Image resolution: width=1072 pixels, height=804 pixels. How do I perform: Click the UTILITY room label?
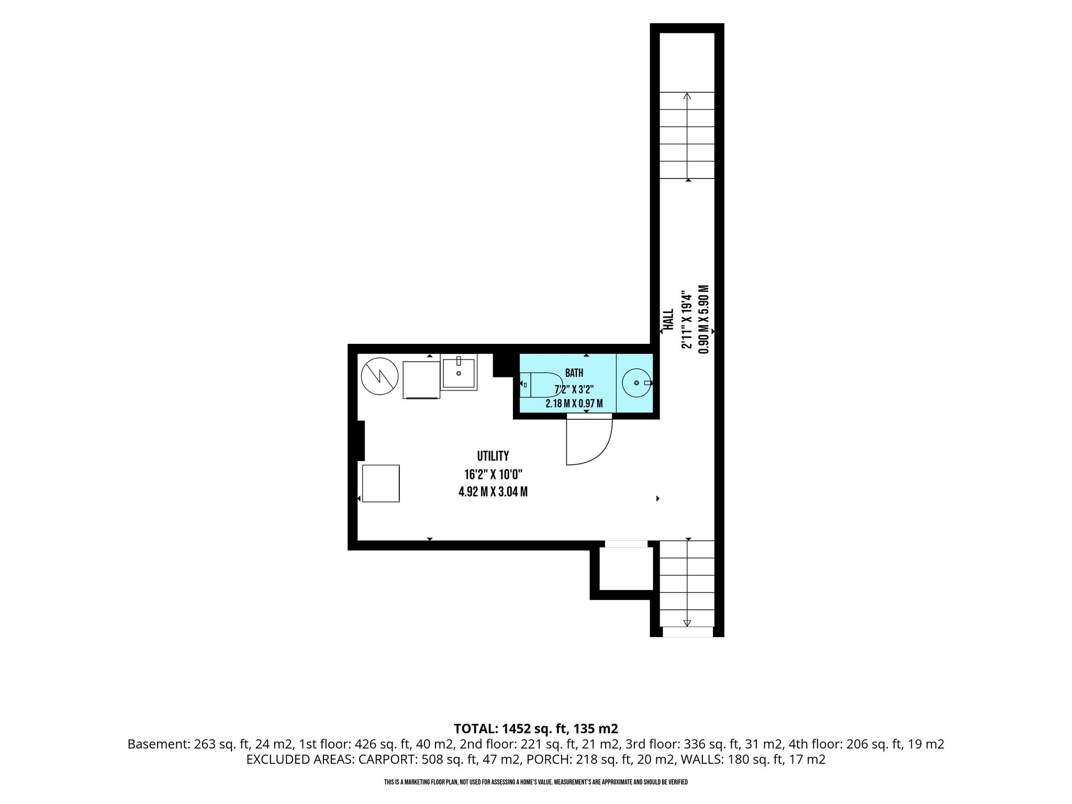493,456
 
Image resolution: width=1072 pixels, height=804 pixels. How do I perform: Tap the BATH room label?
574,373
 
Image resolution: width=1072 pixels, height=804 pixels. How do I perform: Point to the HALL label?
669,319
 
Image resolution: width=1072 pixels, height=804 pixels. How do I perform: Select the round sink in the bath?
636,383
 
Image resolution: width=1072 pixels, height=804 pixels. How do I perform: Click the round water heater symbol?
380,376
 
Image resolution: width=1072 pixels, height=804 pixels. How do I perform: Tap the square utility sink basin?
459,372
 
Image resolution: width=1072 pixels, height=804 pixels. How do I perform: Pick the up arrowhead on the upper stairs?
687,96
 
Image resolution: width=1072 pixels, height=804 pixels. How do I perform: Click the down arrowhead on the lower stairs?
687,623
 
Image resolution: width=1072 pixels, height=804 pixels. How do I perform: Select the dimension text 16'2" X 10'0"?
494,475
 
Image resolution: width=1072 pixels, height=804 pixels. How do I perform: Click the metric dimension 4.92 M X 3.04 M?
493,492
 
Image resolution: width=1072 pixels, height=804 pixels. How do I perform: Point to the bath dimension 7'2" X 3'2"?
574,390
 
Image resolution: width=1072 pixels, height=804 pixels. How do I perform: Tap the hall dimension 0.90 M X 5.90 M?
704,319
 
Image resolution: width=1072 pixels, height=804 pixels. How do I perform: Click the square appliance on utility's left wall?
381,484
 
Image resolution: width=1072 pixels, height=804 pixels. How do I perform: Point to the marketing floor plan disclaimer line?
535,782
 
